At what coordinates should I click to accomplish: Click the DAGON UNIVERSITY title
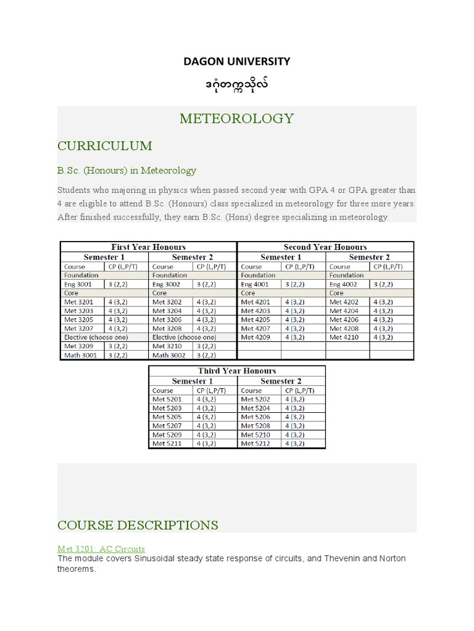point(237,61)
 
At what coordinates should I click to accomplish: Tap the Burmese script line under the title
point(237,83)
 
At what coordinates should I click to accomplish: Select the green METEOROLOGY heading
point(237,118)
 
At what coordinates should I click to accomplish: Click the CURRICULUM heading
point(104,146)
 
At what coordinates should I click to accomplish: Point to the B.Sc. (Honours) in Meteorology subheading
point(127,170)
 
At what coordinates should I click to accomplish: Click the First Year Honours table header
point(148,247)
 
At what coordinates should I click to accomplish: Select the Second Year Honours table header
point(325,247)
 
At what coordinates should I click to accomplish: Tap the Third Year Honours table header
point(237,371)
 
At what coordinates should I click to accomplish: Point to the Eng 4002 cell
point(344,285)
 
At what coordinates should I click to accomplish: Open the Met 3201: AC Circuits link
point(101,548)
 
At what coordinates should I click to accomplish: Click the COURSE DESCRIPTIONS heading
point(138,525)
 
